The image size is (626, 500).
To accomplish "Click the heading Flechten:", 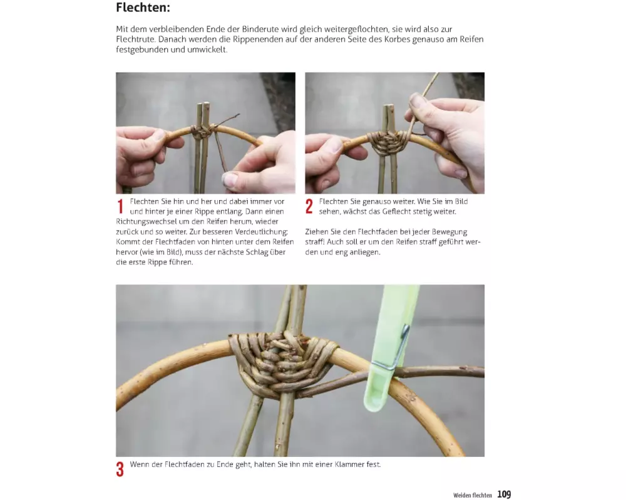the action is pos(143,7).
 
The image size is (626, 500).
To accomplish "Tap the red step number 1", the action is pos(120,206).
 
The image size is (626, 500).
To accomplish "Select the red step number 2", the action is pos(309,206).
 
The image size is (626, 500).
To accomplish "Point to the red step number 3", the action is pos(120,469).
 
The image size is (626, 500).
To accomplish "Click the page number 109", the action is pos(504,494).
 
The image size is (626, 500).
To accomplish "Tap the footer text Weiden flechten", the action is pos(473,495).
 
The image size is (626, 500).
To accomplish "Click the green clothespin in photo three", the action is pos(389,351).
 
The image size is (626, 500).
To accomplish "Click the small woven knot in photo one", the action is pos(200,132).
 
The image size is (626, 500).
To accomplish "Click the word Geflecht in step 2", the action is pos(396,211).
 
